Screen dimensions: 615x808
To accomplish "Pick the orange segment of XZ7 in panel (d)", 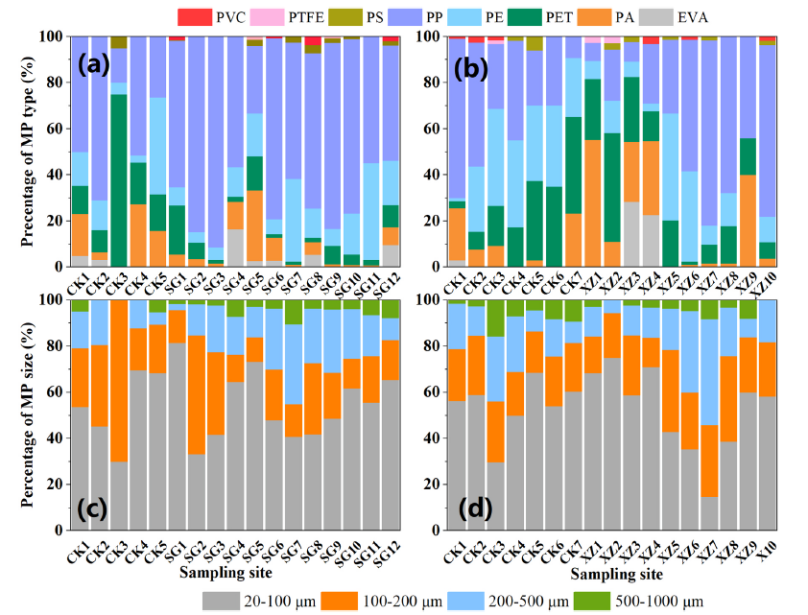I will (711, 461).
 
